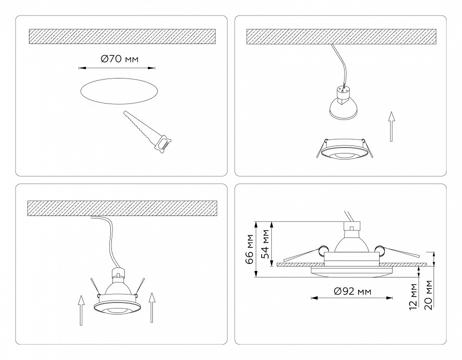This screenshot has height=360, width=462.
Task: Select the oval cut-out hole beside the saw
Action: point(120,91)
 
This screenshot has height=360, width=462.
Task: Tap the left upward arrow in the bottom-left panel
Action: point(80,310)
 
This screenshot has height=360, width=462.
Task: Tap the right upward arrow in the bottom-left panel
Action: point(153,310)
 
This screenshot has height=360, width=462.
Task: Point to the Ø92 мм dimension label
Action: point(352,291)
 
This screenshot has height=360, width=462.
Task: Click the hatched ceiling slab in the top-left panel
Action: point(122,36)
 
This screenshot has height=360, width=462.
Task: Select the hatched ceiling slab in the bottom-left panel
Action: point(122,207)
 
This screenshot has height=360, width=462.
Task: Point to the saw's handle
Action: point(162,144)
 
